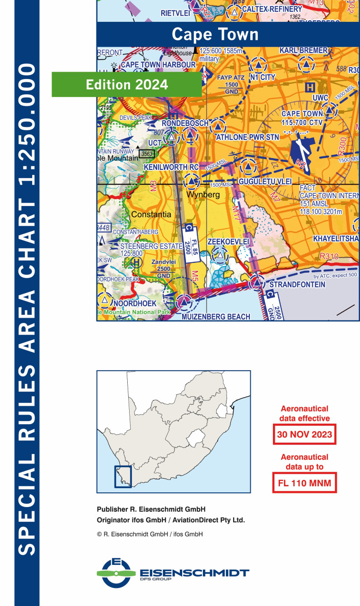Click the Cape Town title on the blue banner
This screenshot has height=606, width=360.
pos(215,35)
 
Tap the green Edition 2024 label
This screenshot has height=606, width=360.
pos(127,84)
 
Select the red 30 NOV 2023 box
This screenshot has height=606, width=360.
pos(304,434)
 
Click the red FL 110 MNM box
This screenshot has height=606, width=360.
pos(304,483)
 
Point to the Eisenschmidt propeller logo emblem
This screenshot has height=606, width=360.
pos(116,573)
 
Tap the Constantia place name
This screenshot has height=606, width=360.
pos(151,214)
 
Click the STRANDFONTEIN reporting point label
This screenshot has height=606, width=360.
pos(297,285)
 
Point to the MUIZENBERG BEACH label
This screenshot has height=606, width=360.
pos(216,316)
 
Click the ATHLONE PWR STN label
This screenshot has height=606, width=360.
pos(247,137)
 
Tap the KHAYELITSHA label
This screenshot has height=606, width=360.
pos(336,239)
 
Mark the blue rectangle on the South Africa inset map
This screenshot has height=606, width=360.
pos(123,470)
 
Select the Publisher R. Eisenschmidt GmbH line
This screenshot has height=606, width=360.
pos(151,510)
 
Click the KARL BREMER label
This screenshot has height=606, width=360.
pos(303,50)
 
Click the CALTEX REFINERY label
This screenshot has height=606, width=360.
pos(272,9)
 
